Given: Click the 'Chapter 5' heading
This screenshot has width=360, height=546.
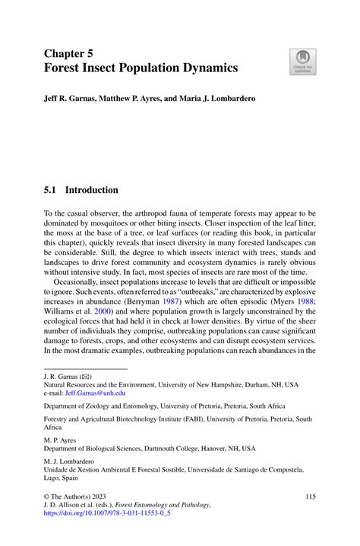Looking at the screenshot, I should pos(70,53).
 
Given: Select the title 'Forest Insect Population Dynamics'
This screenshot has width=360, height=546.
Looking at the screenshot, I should pos(141,68).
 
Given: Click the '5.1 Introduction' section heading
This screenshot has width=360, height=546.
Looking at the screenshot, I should pos(81,190).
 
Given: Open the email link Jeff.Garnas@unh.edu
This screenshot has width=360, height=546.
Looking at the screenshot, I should pos(97,393).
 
